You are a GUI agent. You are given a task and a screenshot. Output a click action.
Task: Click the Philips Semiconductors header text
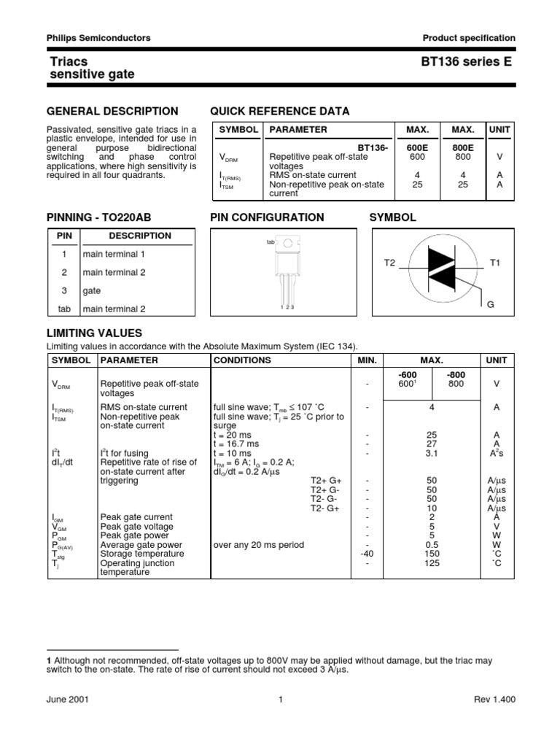point(98,38)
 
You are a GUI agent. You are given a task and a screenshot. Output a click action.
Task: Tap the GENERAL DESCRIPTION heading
point(112,111)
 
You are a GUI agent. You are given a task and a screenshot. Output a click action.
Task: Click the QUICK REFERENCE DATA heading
point(279,111)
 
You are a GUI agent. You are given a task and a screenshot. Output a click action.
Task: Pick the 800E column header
point(462,147)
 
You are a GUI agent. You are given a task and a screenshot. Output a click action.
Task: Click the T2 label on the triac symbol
point(389,262)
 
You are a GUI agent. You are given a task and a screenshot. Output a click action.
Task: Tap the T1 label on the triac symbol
point(495,262)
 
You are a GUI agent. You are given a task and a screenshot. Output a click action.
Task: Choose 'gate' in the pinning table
point(92,290)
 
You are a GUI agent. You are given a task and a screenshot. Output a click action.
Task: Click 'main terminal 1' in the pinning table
point(114,254)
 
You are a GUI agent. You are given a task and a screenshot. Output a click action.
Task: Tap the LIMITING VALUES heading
point(94,333)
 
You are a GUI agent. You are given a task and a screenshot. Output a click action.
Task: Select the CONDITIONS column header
point(241,360)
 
